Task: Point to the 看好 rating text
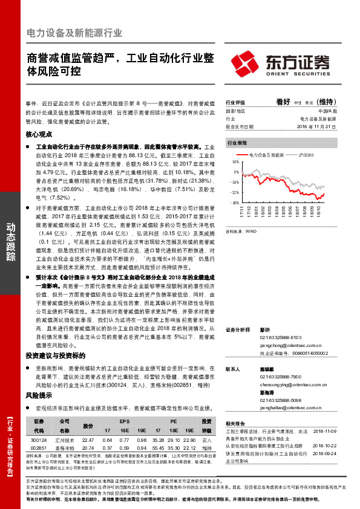point(284,102)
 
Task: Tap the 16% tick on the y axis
point(235,163)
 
